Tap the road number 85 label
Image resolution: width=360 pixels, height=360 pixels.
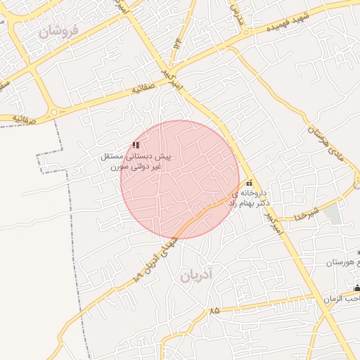214,310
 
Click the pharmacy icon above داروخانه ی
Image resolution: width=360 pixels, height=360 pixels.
248,183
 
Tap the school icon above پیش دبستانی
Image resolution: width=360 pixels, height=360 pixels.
136,146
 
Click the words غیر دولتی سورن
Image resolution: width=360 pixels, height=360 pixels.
139,167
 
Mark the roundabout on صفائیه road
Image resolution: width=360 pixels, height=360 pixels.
53,113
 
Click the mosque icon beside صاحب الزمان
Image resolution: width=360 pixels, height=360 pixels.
356,288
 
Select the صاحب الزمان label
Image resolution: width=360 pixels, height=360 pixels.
341,299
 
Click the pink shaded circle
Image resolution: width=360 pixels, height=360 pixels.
179,179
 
